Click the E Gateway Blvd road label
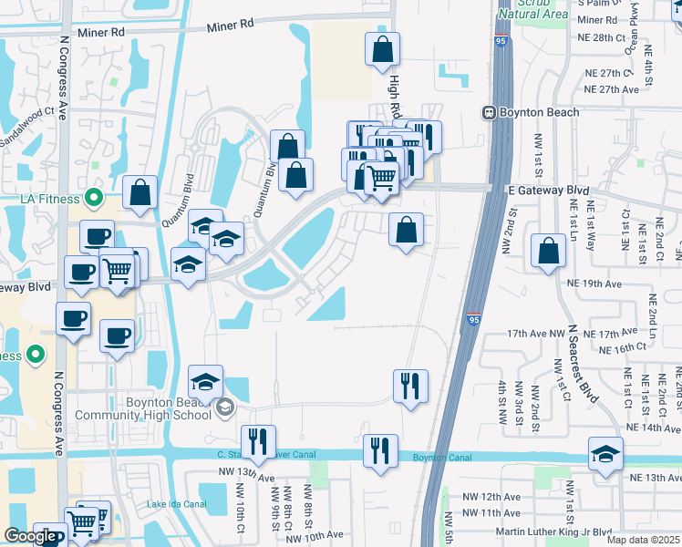click(x=548, y=190)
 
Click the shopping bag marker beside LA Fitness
click(x=140, y=192)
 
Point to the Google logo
click(x=30, y=537)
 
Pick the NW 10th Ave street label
click(x=316, y=534)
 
